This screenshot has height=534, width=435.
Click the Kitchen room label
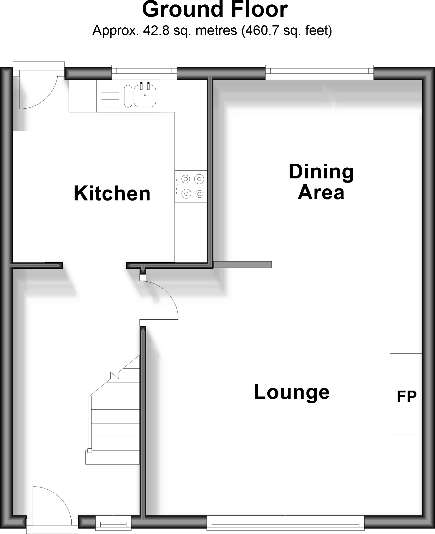(x=112, y=194)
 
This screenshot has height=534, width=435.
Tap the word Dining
(x=321, y=172)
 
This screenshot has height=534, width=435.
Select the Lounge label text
(x=292, y=392)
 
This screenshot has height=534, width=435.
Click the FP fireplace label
(x=406, y=397)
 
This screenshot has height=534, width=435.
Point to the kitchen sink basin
(x=145, y=96)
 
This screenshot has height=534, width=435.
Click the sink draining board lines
(x=110, y=96)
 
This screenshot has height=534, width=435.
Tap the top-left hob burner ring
(x=186, y=179)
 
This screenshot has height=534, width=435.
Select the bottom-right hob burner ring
(x=200, y=194)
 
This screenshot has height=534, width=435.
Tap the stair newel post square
(x=90, y=450)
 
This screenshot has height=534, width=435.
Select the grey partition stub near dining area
(x=243, y=265)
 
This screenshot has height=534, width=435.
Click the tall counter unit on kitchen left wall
(x=29, y=196)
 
